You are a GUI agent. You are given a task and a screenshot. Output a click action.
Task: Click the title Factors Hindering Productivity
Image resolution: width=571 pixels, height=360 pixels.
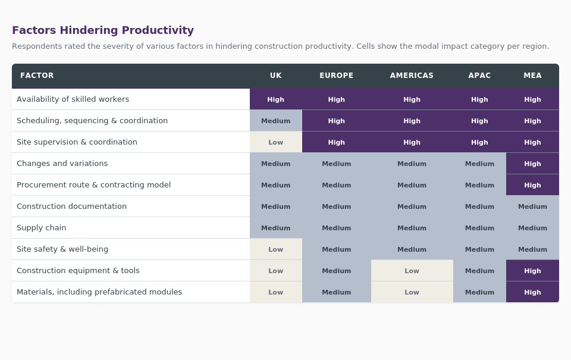point(103,30)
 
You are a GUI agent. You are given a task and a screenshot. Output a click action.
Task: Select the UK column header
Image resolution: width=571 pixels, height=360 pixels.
point(276,76)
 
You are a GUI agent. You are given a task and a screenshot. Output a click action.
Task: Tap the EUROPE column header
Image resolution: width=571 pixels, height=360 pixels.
point(337,76)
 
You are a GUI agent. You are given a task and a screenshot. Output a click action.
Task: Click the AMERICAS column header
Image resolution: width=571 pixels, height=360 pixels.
point(412,76)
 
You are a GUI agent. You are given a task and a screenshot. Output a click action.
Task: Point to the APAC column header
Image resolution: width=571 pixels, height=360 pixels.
point(479,76)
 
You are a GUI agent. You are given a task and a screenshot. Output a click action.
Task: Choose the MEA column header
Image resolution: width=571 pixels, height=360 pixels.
point(532,76)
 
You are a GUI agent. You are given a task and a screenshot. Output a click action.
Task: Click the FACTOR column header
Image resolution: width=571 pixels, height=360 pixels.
point(37,76)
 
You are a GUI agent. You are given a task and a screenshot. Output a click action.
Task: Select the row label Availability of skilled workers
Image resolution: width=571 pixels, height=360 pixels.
point(73,99)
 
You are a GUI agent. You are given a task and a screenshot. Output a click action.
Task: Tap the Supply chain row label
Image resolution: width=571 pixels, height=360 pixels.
point(42,228)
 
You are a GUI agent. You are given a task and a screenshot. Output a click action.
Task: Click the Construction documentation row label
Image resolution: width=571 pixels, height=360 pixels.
point(71,206)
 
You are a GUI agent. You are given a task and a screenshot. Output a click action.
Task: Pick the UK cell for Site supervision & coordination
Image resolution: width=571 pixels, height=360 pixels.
point(276,142)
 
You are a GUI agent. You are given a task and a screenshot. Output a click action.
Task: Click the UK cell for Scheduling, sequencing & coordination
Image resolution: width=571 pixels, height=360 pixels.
point(276,121)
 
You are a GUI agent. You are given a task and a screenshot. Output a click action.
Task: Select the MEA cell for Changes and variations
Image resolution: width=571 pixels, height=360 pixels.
point(532,164)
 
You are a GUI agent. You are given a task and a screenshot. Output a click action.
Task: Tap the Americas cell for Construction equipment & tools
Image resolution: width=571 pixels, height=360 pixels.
point(412,271)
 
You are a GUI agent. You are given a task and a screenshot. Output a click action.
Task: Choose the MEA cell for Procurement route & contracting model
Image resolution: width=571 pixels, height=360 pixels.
point(532,185)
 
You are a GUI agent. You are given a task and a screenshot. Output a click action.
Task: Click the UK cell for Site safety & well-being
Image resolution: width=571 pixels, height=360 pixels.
point(276,249)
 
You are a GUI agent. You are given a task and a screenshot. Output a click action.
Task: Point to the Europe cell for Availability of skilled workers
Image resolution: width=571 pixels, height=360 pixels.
point(337,99)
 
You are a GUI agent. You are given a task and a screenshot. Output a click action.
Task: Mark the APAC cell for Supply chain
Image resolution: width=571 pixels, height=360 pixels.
point(479,228)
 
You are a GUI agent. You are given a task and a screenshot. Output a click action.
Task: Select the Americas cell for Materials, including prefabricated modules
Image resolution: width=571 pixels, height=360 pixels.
point(412,292)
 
